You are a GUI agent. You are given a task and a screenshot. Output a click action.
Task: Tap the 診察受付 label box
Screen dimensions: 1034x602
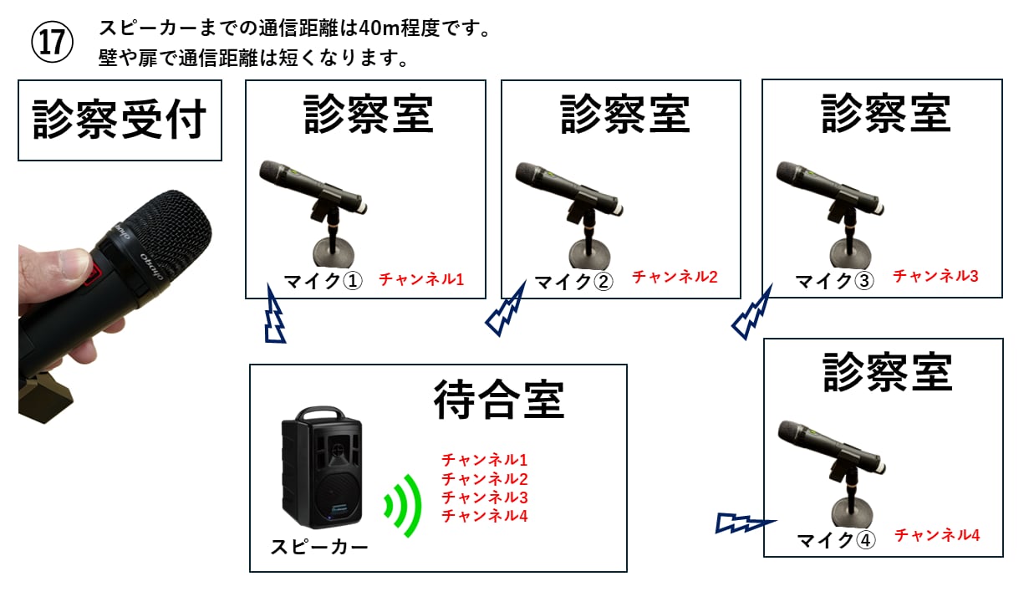(120, 120)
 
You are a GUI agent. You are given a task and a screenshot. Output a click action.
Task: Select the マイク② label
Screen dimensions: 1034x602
(573, 282)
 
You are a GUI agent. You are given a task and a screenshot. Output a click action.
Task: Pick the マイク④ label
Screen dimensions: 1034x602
(834, 540)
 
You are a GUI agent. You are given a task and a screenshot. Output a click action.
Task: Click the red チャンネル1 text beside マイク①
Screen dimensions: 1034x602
(421, 279)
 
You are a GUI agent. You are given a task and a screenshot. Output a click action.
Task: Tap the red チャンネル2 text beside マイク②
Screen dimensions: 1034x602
(675, 277)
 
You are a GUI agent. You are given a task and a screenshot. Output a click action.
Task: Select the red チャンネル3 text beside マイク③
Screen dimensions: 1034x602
(935, 275)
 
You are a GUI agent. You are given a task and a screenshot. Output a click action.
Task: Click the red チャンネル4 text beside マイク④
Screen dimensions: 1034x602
(937, 535)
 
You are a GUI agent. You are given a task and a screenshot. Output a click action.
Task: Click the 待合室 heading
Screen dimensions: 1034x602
(498, 399)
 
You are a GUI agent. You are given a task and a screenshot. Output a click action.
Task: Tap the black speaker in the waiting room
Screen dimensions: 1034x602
(323, 468)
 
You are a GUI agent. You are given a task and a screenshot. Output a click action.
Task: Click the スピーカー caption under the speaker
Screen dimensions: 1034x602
(318, 548)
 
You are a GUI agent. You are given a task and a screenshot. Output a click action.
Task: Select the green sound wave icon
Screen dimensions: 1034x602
(402, 505)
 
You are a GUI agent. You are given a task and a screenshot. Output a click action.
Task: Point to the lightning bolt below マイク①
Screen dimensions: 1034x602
(274, 315)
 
